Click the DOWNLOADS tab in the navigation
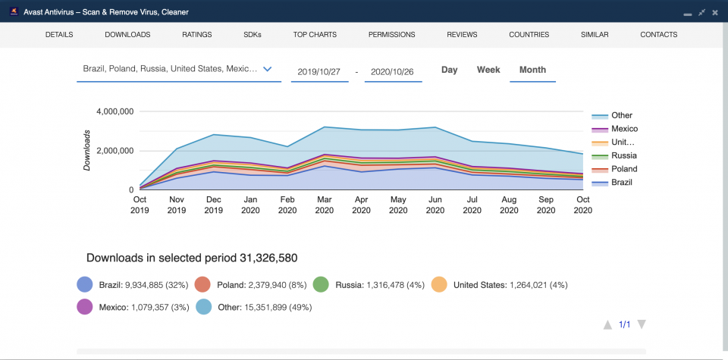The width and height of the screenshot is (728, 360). [x=127, y=35]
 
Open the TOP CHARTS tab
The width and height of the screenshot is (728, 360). [x=315, y=35]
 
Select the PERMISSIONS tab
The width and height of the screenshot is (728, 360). [x=391, y=35]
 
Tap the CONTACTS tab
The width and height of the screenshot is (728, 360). [x=658, y=35]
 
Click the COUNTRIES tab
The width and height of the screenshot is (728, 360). [x=529, y=35]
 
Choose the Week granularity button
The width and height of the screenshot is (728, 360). [x=488, y=70]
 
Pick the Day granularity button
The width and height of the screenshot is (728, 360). [x=450, y=70]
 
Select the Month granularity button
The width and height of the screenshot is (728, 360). [x=532, y=70]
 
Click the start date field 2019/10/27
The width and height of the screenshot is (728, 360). [x=320, y=72]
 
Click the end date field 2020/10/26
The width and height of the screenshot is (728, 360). [x=393, y=72]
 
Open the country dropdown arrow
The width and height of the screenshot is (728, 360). [x=267, y=69]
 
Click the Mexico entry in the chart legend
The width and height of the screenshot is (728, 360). [x=624, y=129]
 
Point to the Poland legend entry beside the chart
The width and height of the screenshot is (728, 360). [x=624, y=169]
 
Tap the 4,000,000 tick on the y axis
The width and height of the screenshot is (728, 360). [x=115, y=111]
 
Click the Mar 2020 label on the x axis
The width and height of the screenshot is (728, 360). [x=324, y=205]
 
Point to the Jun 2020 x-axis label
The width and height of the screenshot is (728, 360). [x=435, y=205]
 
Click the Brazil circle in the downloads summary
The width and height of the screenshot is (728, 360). [x=85, y=285]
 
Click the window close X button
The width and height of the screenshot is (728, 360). [x=714, y=13]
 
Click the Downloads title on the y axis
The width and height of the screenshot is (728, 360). [x=88, y=149]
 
